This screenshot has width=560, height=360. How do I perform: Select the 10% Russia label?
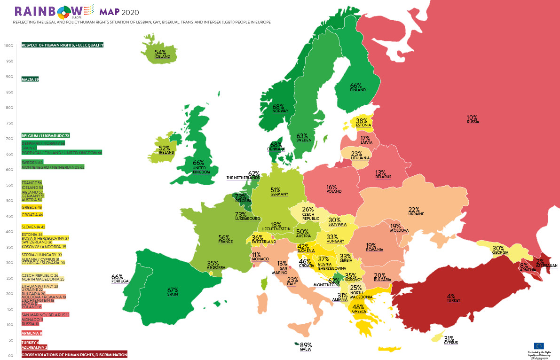pyautogui.click(x=472, y=119)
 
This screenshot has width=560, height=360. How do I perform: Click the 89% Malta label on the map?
pyautogui.click(x=306, y=347)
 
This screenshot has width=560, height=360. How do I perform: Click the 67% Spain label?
pyautogui.click(x=173, y=292)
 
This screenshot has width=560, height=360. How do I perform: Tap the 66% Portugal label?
pyautogui.click(x=118, y=279)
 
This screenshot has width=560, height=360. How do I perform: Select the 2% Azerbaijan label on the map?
pyautogui.click(x=545, y=263)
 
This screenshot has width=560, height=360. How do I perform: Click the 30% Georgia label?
pyautogui.click(x=498, y=250)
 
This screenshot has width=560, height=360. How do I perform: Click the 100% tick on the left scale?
pyautogui.click(x=8, y=46)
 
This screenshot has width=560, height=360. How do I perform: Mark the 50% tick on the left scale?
pyautogui.click(x=8, y=201)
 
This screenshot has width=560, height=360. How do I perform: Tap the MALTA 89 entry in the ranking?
pyautogui.click(x=30, y=79)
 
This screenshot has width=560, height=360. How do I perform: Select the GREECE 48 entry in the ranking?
pyautogui.click(x=32, y=207)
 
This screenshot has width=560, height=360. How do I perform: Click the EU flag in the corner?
pyautogui.click(x=539, y=346)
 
